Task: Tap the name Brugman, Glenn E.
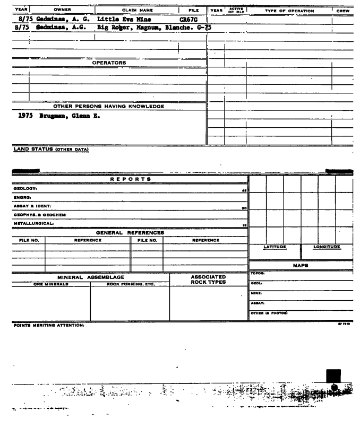click(x=65, y=116)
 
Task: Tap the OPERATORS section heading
click(x=109, y=63)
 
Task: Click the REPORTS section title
click(x=130, y=179)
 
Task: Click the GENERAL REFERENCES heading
click(x=130, y=232)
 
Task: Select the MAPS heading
click(x=301, y=265)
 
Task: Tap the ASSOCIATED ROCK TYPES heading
click(x=208, y=279)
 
